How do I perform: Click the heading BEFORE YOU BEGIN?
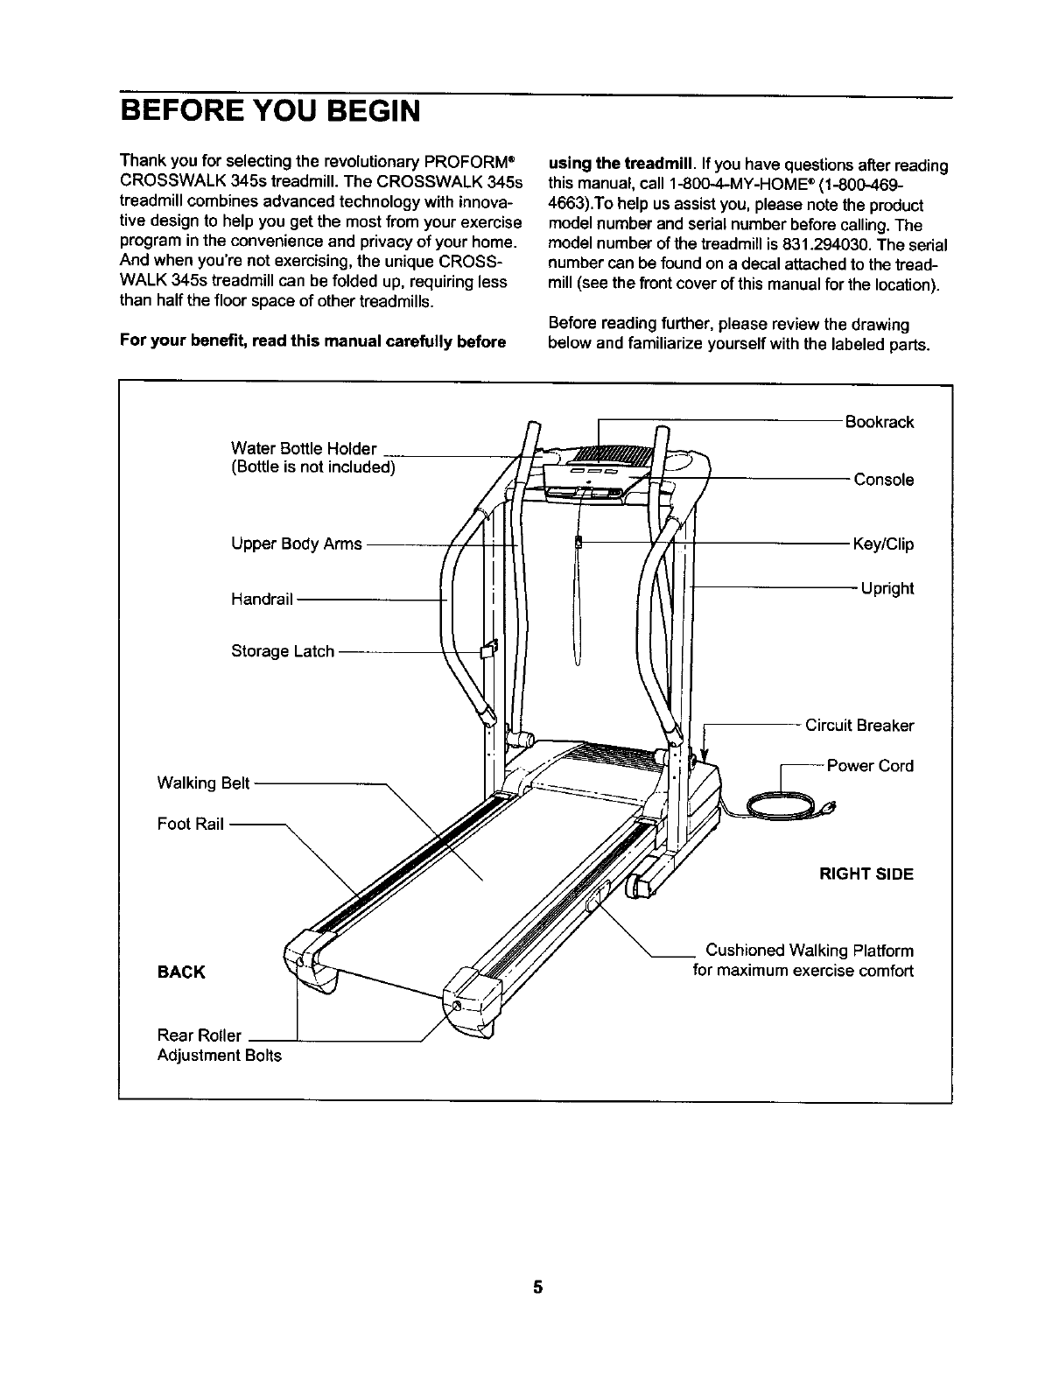[x=270, y=113]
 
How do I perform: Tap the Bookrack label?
[x=879, y=422]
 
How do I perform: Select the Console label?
[x=883, y=480]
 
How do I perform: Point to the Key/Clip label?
[x=883, y=544]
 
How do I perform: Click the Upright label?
[x=887, y=588]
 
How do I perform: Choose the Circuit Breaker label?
[x=859, y=726]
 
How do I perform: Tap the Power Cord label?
[x=869, y=766]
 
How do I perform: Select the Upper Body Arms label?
[x=296, y=544]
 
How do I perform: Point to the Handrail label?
[x=262, y=600]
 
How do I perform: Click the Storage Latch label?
[x=282, y=651]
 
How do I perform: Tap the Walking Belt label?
[x=204, y=783]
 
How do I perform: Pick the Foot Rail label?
[x=191, y=824]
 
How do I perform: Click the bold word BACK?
[x=181, y=972]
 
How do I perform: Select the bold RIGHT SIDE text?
[x=866, y=874]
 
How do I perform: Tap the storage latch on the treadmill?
[x=488, y=649]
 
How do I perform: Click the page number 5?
[x=538, y=1286]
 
